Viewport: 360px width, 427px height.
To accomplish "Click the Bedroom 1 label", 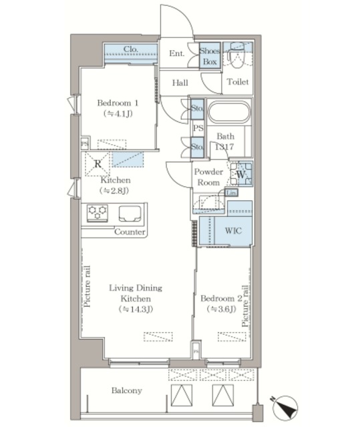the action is (118, 103).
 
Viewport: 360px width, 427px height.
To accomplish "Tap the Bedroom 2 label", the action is (221, 298).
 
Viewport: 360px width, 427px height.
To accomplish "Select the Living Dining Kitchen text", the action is (136, 293).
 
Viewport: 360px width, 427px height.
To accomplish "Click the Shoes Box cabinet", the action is (210, 56).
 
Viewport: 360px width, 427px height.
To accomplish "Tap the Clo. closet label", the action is (131, 49).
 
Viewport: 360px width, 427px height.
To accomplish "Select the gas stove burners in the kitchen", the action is (98, 213).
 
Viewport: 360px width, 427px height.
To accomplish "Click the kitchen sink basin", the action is (130, 213).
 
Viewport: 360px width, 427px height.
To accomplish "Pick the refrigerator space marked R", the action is (98, 164).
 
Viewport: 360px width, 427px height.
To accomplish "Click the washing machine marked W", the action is (241, 174).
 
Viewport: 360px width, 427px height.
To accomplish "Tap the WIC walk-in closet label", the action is (233, 231).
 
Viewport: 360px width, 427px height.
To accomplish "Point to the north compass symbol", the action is (285, 408).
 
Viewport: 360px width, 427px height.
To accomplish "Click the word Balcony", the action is (127, 390).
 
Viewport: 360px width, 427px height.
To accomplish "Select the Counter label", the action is (130, 232).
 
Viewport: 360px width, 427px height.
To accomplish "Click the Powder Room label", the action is (208, 177).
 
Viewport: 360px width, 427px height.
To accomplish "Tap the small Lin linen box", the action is (231, 193).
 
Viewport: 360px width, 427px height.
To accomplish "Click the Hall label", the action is (180, 83).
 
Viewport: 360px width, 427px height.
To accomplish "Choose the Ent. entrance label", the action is (176, 53).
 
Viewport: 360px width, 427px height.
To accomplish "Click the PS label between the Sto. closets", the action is (198, 127).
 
